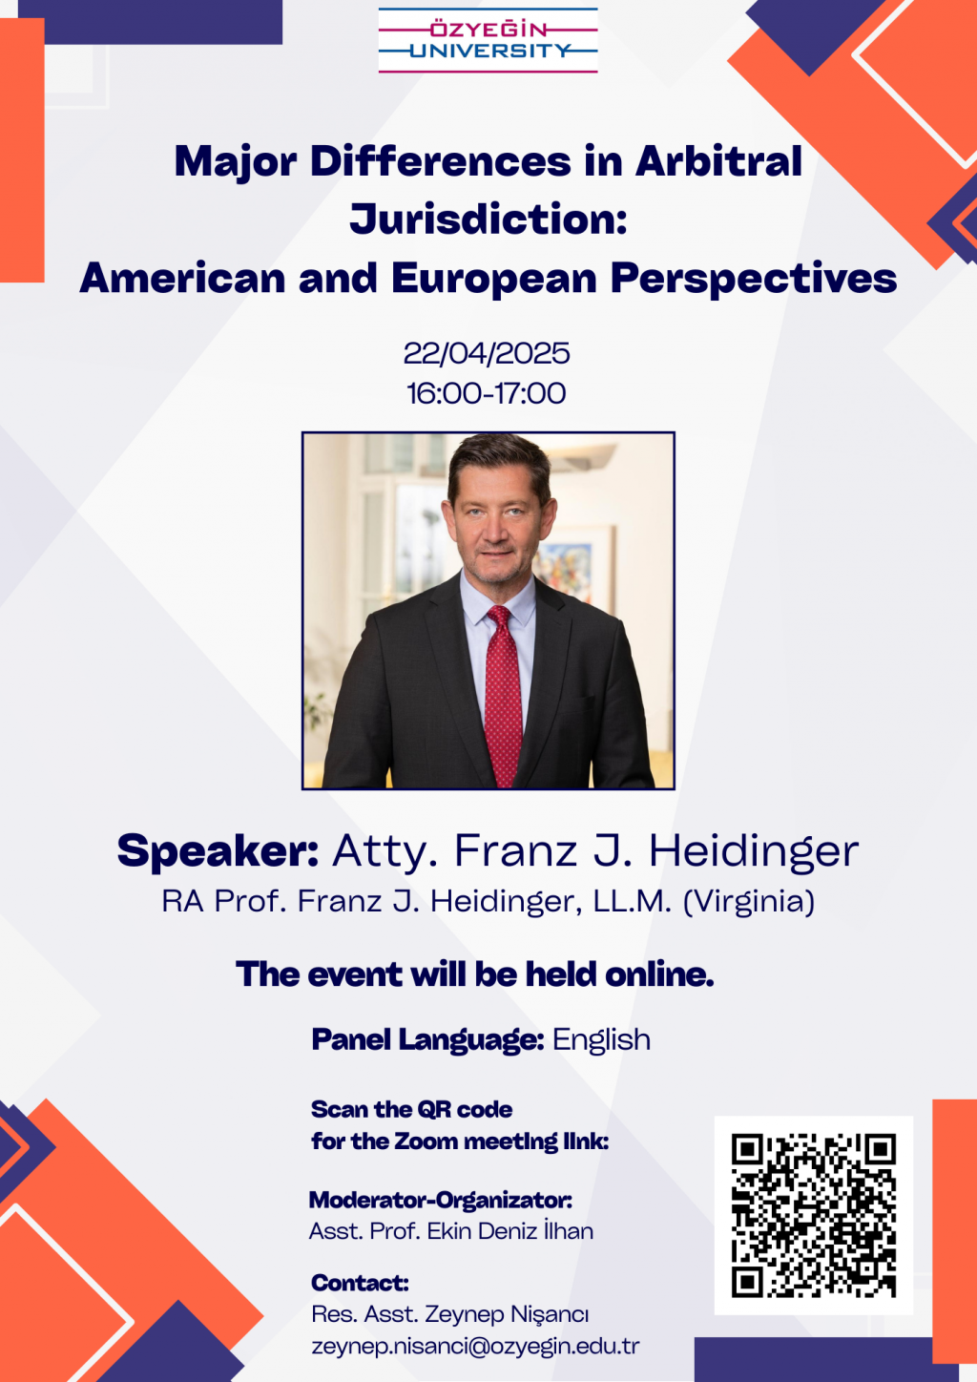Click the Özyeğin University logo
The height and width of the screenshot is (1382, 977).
coord(488,41)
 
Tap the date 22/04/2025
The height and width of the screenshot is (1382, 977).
coord(487,353)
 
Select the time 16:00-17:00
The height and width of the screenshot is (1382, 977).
coord(486,393)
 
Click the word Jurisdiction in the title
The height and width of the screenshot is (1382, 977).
coord(488,220)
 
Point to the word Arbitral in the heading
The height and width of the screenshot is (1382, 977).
coord(719,161)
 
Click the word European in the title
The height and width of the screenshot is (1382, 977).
coord(493,279)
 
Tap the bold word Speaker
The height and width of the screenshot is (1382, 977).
coord(218,852)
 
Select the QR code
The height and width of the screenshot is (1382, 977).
coord(814,1216)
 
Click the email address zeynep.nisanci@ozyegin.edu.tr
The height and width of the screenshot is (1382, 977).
coord(475,1346)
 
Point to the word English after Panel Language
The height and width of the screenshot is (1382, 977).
coord(601,1039)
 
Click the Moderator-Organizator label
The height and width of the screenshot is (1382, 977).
coord(441,1200)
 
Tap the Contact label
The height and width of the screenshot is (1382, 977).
coord(361,1283)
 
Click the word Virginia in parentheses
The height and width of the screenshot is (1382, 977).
coord(749,901)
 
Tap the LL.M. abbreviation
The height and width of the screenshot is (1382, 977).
coord(633,901)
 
